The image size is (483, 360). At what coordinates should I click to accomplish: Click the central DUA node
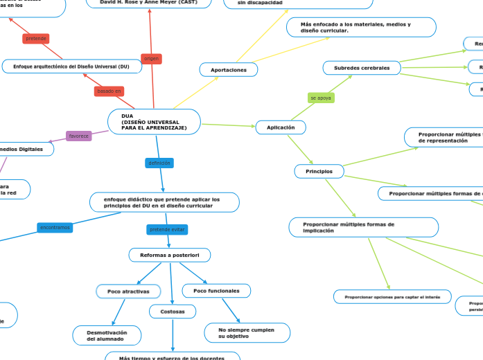(x=154, y=122)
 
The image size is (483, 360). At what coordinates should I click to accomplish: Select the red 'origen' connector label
(x=151, y=59)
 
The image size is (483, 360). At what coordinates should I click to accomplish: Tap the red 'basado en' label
(x=109, y=91)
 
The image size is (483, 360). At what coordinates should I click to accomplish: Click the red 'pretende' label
(x=36, y=39)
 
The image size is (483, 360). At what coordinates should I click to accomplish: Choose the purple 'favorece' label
(x=78, y=136)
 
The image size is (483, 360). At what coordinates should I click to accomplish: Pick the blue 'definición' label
(x=159, y=163)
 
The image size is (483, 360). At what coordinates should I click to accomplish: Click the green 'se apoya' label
(x=321, y=98)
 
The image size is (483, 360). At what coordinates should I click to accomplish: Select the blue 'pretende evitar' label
(x=168, y=229)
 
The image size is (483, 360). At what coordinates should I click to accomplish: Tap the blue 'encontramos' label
(x=55, y=227)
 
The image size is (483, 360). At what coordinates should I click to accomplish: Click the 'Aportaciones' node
(x=229, y=70)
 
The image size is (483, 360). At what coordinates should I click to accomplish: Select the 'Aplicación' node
(x=281, y=127)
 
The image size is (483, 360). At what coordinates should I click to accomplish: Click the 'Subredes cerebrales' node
(x=361, y=68)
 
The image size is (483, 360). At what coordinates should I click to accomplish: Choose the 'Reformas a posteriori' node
(x=170, y=255)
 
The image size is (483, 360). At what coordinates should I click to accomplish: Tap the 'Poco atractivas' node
(x=128, y=291)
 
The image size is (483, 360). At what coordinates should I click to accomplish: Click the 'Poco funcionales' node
(x=216, y=291)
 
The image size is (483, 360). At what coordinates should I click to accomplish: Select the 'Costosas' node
(x=173, y=312)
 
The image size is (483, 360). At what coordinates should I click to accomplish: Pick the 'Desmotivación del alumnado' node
(x=107, y=336)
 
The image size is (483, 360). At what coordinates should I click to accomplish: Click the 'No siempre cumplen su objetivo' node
(x=247, y=333)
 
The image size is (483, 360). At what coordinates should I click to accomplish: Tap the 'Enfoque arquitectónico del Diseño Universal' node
(x=66, y=66)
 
